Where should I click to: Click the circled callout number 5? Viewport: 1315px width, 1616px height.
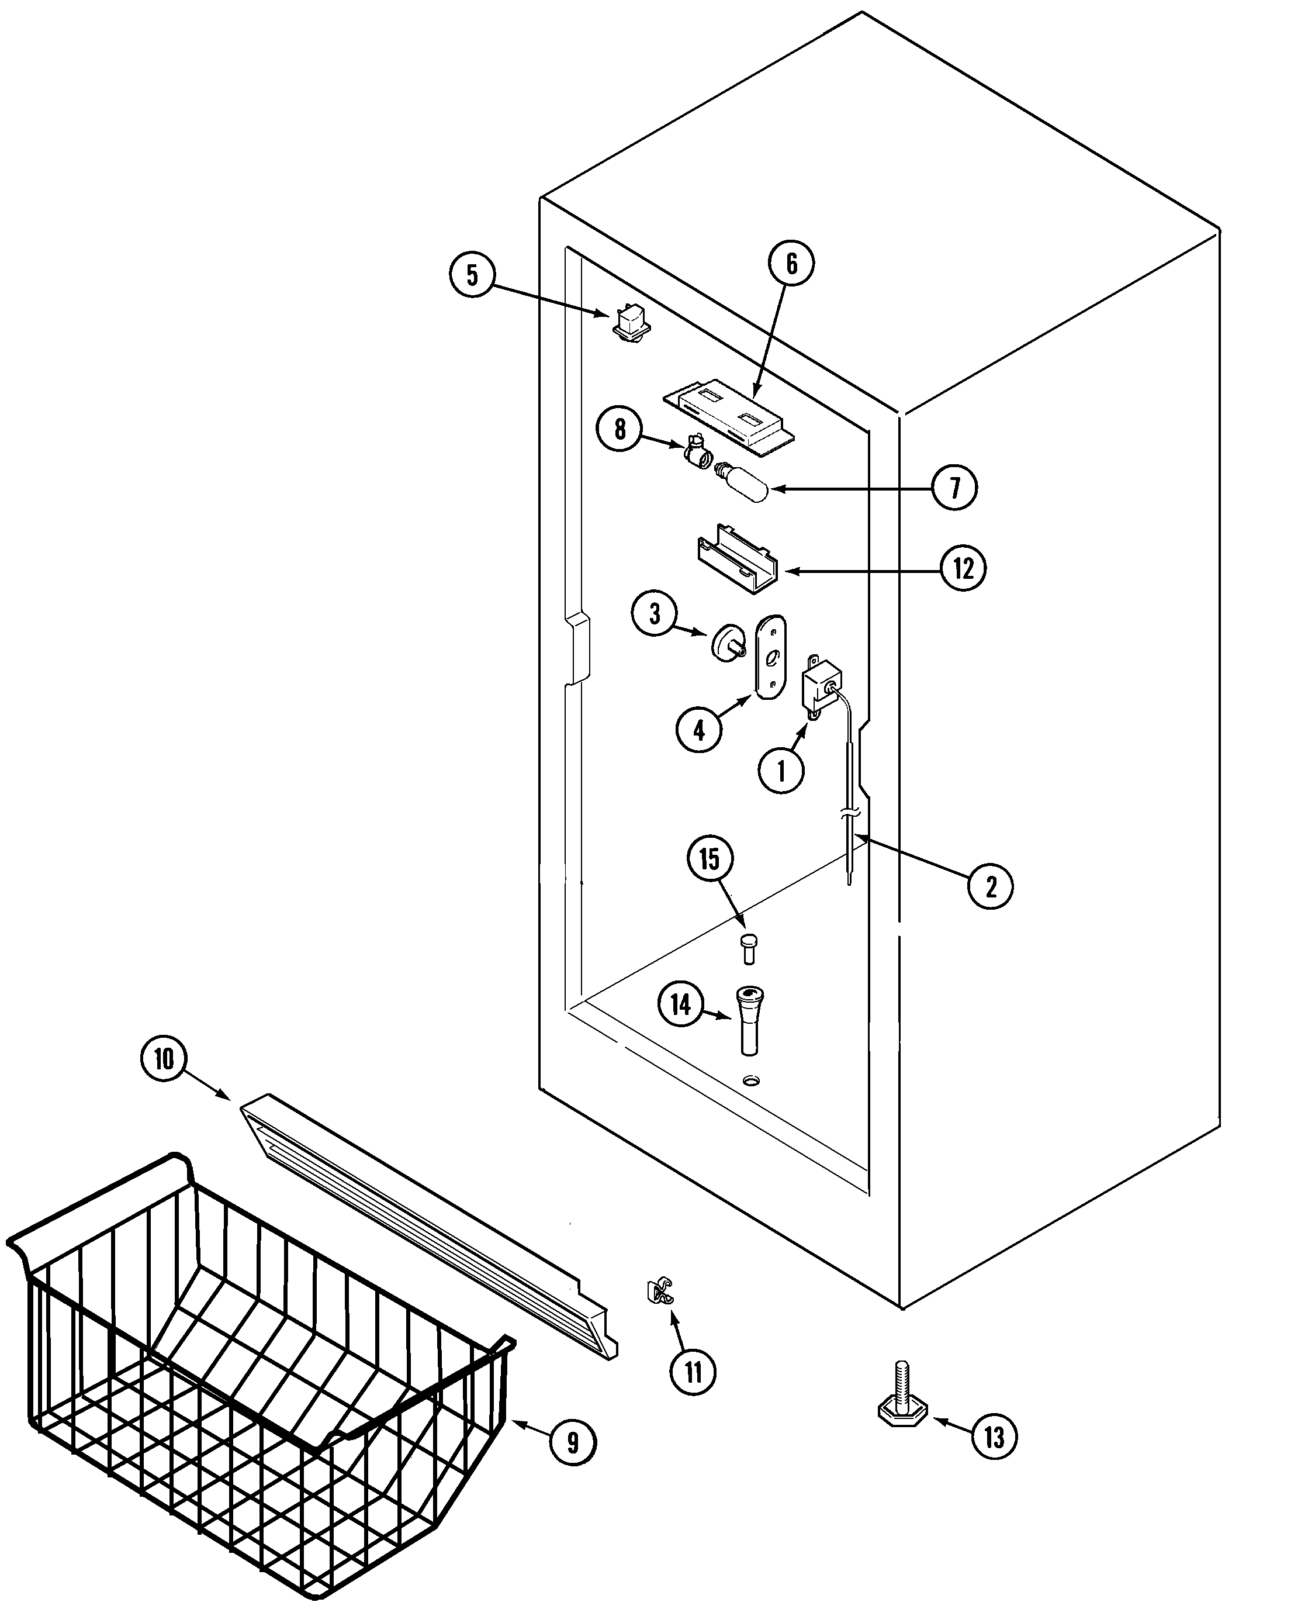472,275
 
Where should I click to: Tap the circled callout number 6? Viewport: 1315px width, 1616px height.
791,264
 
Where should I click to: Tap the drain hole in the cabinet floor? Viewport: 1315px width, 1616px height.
750,1080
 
